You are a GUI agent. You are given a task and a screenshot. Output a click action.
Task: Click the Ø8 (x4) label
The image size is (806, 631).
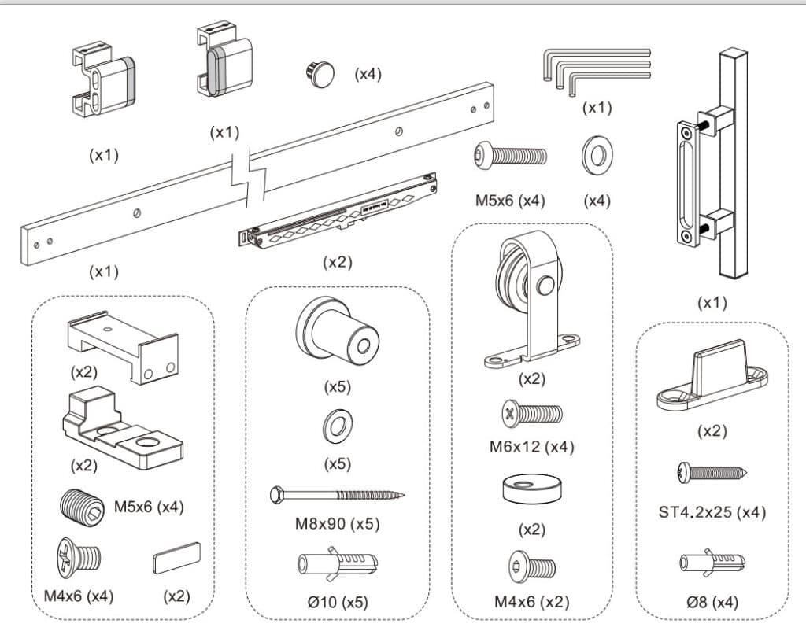point(712,602)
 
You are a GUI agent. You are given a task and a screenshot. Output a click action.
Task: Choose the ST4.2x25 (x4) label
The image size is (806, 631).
point(712,512)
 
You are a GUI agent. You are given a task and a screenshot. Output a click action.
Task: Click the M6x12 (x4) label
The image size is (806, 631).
point(532,446)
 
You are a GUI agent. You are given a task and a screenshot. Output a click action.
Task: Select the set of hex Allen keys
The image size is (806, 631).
point(595,70)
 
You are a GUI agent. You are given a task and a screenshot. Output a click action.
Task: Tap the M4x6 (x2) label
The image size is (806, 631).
point(532,602)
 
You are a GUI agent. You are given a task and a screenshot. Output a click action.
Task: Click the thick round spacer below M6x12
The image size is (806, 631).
point(532,488)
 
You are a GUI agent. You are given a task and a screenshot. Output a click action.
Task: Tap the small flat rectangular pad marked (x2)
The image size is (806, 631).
point(176,560)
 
